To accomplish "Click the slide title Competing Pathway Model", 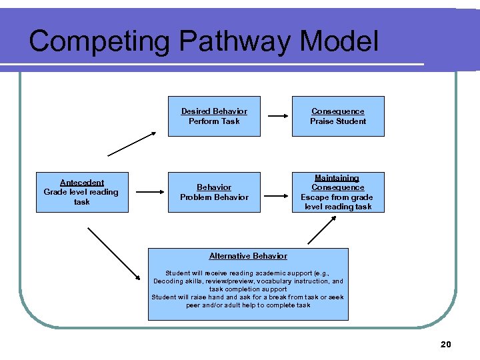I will click(x=203, y=41).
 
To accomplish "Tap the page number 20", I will click(x=446, y=344).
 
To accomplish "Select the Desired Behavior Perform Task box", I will click(x=214, y=117).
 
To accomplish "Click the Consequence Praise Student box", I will click(x=338, y=117).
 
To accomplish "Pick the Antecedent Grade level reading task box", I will click(x=81, y=192).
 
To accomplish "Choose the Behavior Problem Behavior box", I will click(x=214, y=192).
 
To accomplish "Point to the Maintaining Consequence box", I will click(x=338, y=192).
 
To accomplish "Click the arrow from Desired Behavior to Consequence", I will click(x=275, y=117).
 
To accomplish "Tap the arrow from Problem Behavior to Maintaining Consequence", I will click(x=275, y=196).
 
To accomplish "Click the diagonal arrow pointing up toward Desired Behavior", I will click(x=131, y=143).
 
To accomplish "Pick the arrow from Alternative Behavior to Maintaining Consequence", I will click(x=321, y=230).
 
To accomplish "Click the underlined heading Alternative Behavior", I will click(x=248, y=256).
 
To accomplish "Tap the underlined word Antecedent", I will click(x=82, y=183).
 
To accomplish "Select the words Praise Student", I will click(x=338, y=121).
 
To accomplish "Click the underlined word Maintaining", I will click(x=337, y=178).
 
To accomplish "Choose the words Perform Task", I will click(x=214, y=121).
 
